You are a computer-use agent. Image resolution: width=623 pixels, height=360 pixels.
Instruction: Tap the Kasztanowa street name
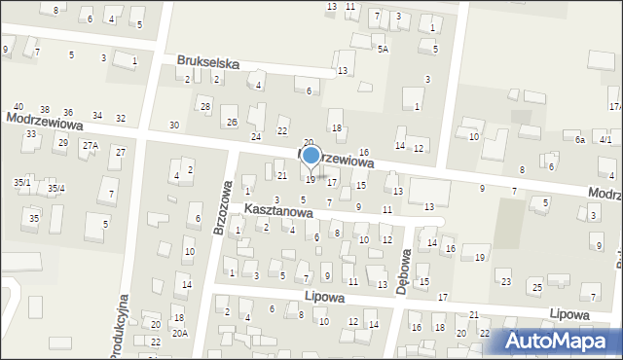(x=277, y=210)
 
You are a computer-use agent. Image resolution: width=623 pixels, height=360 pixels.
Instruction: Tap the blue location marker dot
(x=311, y=155)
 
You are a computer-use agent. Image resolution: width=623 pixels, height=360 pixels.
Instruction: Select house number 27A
(x=90, y=145)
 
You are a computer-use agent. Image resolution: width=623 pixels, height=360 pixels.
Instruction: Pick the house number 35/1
(x=21, y=182)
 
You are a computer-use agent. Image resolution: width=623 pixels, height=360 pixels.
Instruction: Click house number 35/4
(x=56, y=188)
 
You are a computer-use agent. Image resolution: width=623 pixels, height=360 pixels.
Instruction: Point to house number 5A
(x=383, y=49)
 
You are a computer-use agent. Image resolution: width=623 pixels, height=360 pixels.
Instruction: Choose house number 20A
(x=179, y=333)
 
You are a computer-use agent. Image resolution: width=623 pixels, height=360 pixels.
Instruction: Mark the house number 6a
(x=579, y=140)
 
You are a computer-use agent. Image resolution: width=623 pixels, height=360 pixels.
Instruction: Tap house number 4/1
(x=605, y=140)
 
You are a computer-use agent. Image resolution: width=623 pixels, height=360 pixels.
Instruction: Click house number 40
(x=18, y=107)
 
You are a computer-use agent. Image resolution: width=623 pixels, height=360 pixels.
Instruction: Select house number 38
(x=44, y=109)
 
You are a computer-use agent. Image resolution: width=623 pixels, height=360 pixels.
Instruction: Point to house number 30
(x=173, y=125)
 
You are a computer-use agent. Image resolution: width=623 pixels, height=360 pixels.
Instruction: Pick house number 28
(x=204, y=105)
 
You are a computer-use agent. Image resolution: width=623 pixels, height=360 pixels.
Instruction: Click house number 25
(x=536, y=287)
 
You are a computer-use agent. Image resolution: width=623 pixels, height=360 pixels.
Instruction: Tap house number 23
(x=505, y=281)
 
